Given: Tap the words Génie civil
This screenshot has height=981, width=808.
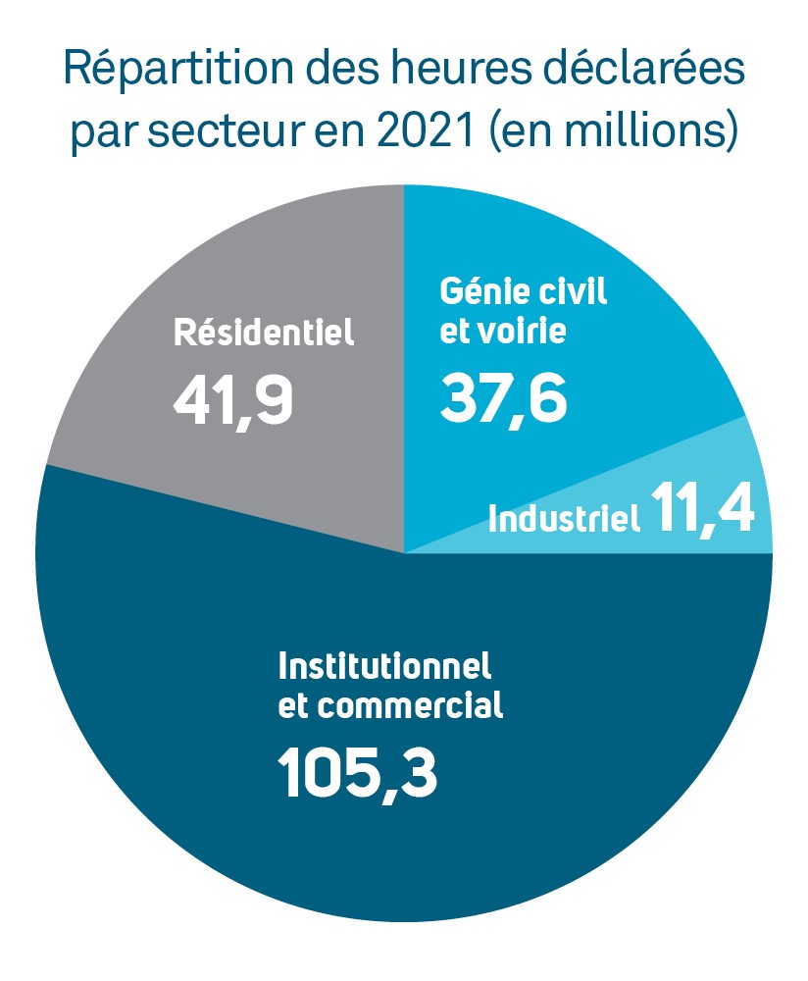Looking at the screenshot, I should (x=524, y=291).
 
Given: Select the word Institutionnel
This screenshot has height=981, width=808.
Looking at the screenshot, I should (x=384, y=668).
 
